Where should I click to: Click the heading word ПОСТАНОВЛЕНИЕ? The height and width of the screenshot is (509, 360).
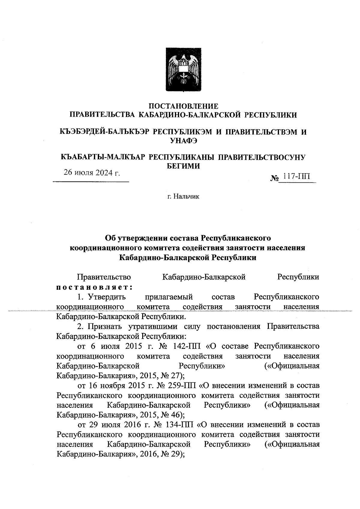pyautogui.click(x=184, y=106)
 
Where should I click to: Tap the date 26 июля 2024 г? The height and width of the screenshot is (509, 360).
pyautogui.click(x=91, y=173)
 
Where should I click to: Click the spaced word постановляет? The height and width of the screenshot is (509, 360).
pyautogui.click(x=95, y=287)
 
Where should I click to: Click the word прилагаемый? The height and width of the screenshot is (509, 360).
pyautogui.click(x=169, y=297)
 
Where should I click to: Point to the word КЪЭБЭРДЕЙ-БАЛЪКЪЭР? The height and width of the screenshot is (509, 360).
pyautogui.click(x=103, y=132)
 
